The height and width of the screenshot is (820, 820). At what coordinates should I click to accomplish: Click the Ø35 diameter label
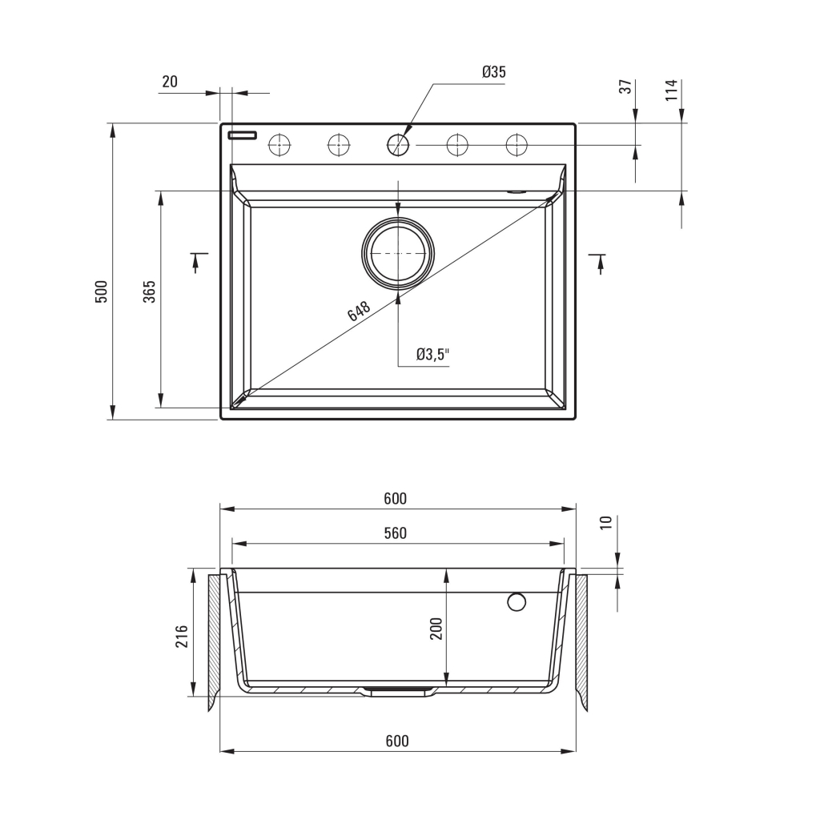pyautogui.click(x=493, y=71)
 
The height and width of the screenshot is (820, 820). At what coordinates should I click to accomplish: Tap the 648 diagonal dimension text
pyautogui.click(x=359, y=311)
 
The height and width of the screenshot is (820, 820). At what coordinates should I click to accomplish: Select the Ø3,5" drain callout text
pyautogui.click(x=433, y=355)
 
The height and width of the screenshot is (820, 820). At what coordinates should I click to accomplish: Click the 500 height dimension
pyautogui.click(x=101, y=291)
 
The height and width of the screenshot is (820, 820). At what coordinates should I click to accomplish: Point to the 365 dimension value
pyautogui.click(x=150, y=291)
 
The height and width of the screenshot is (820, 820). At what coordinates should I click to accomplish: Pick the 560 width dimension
pyautogui.click(x=396, y=533)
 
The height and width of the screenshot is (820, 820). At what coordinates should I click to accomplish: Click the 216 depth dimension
pyautogui.click(x=182, y=636)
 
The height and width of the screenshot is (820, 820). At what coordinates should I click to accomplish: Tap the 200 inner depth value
pyautogui.click(x=436, y=629)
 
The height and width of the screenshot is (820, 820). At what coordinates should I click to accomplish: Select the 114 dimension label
pyautogui.click(x=672, y=90)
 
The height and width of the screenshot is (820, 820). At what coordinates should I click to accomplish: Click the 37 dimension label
pyautogui.click(x=625, y=86)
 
